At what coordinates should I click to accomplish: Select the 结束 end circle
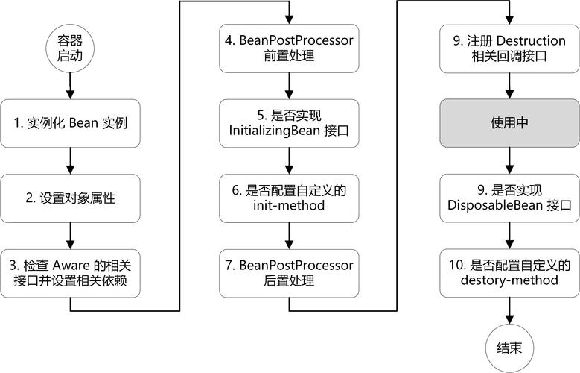click(510, 346)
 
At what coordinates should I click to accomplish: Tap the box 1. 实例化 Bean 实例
click(69, 123)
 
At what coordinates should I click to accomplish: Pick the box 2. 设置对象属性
click(69, 198)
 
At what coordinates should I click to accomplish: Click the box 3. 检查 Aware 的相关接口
click(69, 272)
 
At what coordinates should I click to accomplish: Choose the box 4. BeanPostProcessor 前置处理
click(290, 47)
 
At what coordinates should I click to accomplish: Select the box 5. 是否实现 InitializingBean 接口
click(290, 123)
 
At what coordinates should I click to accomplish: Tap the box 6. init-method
click(290, 198)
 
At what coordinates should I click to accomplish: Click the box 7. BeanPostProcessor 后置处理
click(290, 272)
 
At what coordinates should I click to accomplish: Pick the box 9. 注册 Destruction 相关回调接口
click(510, 47)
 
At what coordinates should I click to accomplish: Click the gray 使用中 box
click(510, 123)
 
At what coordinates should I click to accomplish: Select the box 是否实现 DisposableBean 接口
click(510, 198)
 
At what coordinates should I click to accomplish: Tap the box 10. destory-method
click(510, 272)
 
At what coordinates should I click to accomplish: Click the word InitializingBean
click(275, 131)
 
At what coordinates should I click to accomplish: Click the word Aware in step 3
click(84, 264)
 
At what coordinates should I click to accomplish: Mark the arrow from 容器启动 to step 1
click(69, 87)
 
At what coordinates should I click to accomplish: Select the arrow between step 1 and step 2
click(69, 160)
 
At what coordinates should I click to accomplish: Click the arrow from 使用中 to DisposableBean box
click(510, 160)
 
